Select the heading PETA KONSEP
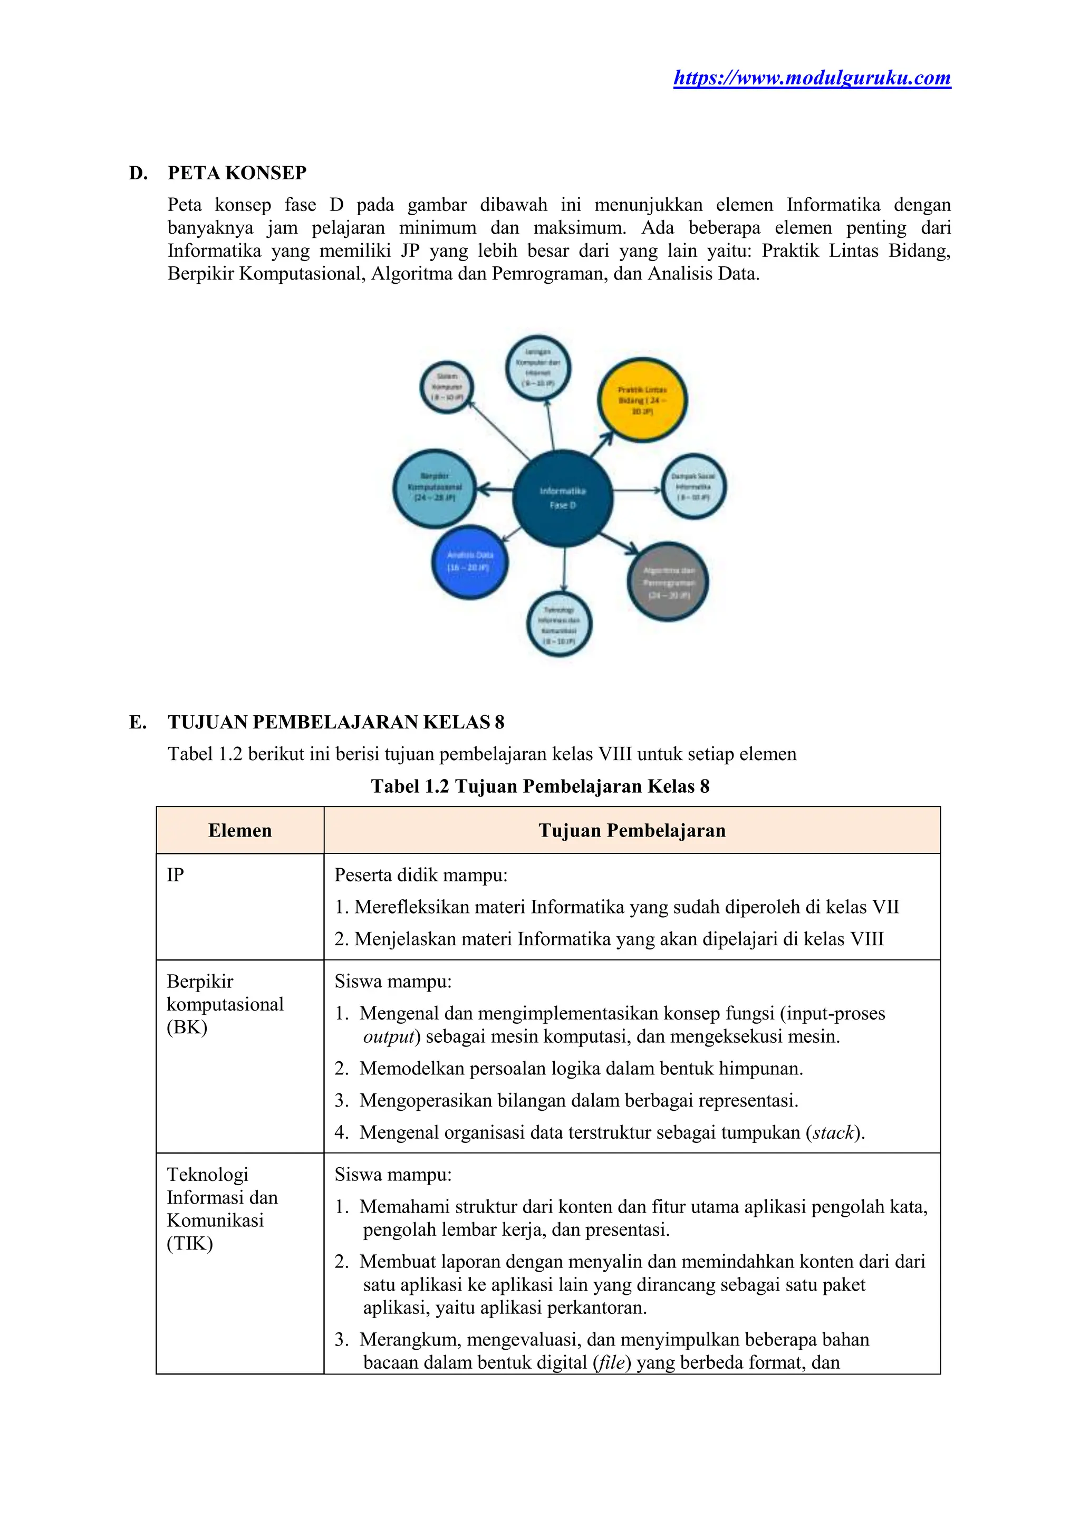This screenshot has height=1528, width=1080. [x=237, y=173]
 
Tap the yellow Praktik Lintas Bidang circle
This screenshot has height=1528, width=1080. [x=642, y=400]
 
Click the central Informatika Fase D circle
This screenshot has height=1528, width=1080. [x=562, y=498]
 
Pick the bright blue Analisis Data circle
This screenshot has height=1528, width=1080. [x=470, y=561]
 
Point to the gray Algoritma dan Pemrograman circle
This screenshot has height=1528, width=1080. [x=668, y=582]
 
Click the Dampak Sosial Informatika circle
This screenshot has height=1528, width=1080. [x=693, y=486]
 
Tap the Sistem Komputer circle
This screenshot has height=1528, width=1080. [x=447, y=387]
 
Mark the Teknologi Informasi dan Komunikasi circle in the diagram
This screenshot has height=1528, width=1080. [x=559, y=624]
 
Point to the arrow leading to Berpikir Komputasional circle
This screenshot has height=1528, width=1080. [x=495, y=491]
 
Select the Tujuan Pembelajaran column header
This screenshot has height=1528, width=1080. [x=632, y=831]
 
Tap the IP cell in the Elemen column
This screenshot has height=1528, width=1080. [x=175, y=875]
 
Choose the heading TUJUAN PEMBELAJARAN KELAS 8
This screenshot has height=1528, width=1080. [x=336, y=722]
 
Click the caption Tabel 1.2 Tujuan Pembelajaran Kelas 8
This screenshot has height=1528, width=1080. [x=539, y=786]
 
